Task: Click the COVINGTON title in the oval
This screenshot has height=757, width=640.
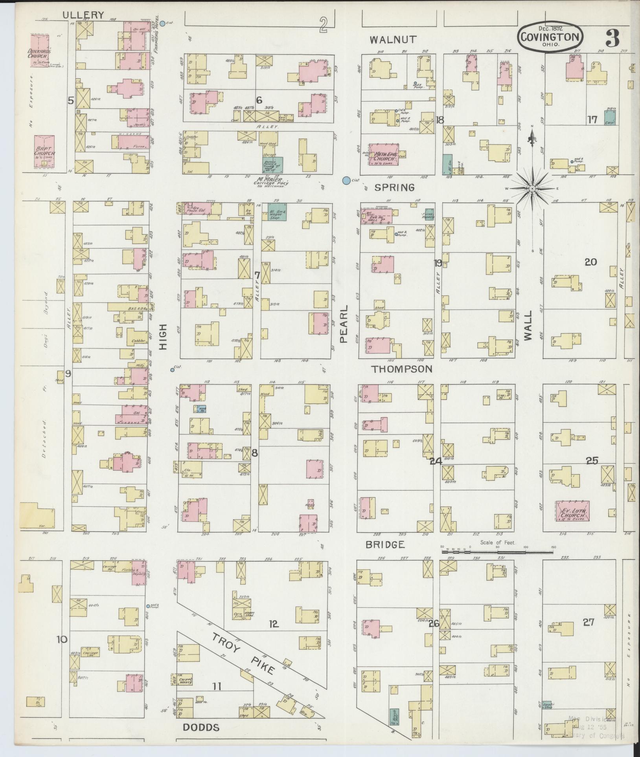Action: tap(550, 37)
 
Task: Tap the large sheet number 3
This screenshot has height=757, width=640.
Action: tap(612, 38)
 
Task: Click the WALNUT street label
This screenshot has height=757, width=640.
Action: tap(393, 39)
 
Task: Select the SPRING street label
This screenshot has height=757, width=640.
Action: tap(394, 187)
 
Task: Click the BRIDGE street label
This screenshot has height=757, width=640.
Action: tap(385, 544)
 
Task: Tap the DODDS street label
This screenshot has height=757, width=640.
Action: tap(201, 727)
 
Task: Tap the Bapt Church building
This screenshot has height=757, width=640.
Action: tap(44, 154)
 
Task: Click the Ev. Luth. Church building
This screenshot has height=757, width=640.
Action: tap(572, 511)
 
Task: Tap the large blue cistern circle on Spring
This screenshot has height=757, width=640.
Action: tap(346, 180)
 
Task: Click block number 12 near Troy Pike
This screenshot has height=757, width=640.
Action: tap(274, 623)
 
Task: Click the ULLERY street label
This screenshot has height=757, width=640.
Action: tap(84, 15)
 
